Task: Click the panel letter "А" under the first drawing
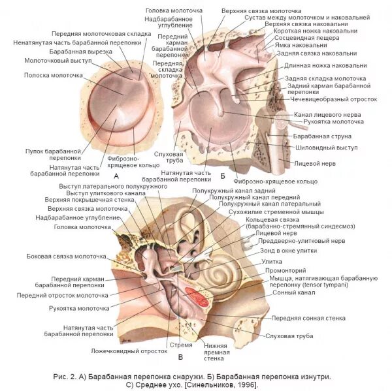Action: (x=116, y=176)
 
